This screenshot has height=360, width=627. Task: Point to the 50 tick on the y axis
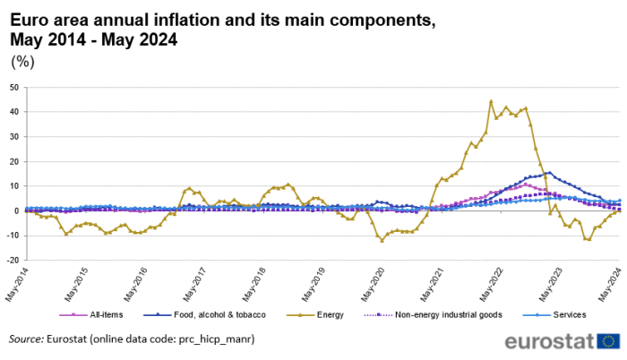coord(13,88)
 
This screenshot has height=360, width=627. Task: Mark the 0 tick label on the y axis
coord(15,211)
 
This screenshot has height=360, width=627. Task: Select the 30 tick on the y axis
coord(13,137)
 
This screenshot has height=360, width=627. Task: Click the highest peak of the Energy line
coord(491,101)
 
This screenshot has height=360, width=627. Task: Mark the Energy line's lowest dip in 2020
coord(382,240)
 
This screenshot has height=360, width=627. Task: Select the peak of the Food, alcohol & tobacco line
coord(549,173)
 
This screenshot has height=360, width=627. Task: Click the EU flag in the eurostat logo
coord(609,341)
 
